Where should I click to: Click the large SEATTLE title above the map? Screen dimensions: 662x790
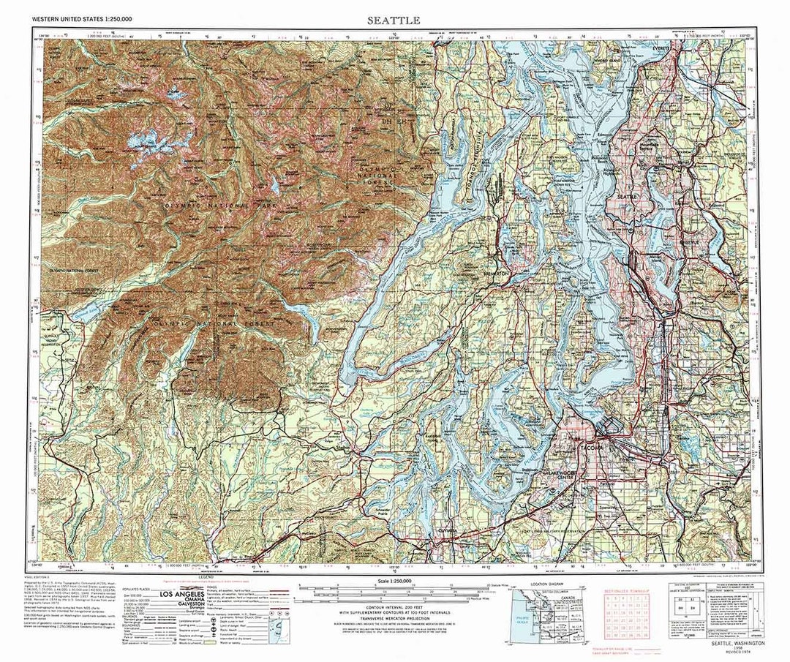(x=395, y=20)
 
